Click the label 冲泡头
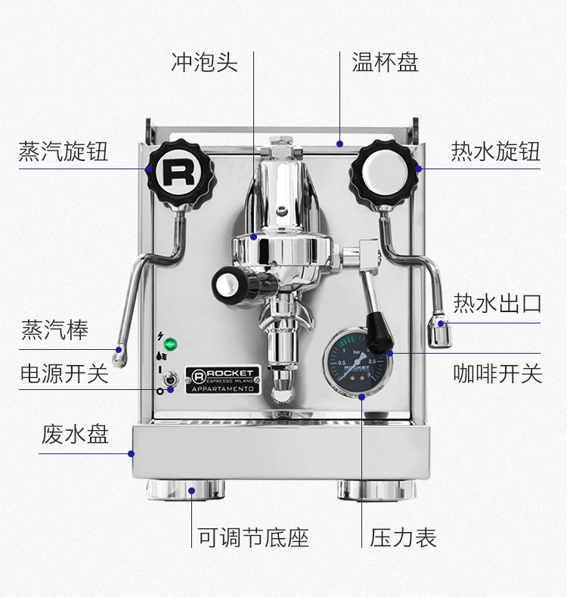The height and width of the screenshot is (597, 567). click(204, 62)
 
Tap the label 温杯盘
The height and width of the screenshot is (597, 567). click(385, 62)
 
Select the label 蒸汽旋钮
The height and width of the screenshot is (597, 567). click(64, 151)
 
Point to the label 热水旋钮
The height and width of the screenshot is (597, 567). click(496, 151)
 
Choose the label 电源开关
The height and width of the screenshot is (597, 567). click(64, 373)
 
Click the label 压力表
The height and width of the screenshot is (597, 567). click(403, 538)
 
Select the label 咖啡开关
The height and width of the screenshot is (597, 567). click(497, 373)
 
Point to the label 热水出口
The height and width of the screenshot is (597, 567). click(497, 304)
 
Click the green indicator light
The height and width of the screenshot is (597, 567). click(171, 345)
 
